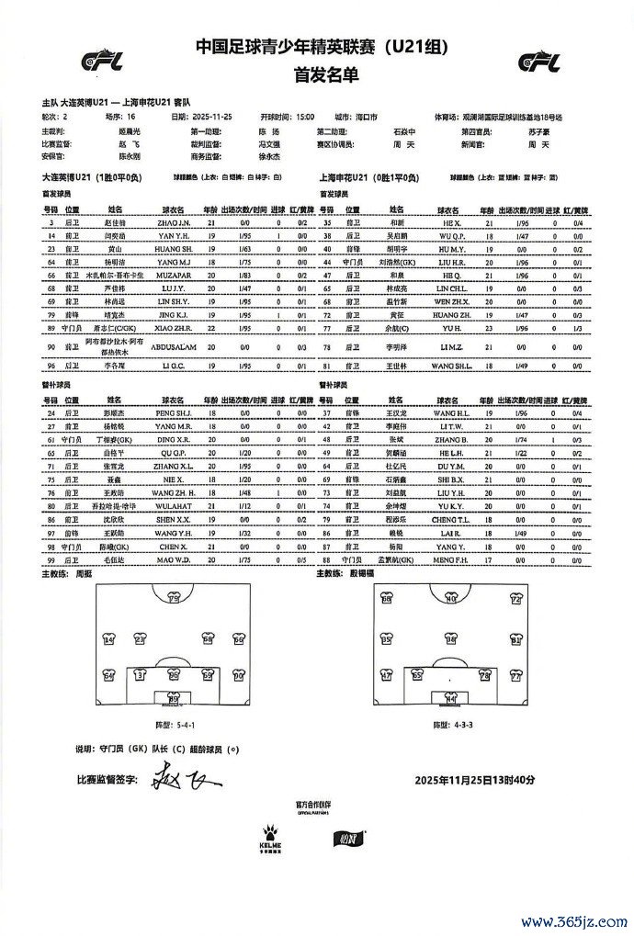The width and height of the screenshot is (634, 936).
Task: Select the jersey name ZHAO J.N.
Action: pos(175,223)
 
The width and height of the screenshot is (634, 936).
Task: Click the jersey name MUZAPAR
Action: pos(175,275)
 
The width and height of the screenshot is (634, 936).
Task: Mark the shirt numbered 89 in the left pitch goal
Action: pos(173,699)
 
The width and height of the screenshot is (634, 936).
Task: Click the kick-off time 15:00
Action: pos(304,118)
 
